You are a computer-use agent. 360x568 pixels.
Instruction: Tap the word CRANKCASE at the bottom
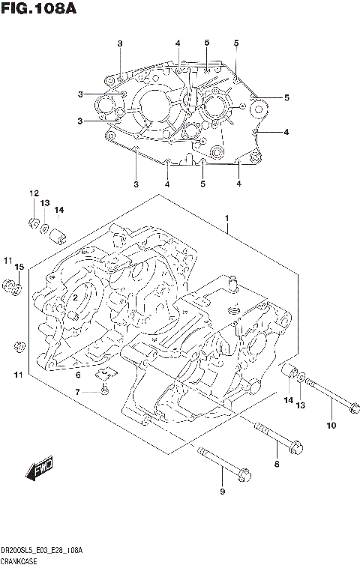[x=20, y=561]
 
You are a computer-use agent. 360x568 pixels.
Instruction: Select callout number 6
[x=78, y=374]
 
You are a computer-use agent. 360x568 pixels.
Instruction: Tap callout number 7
[x=78, y=392]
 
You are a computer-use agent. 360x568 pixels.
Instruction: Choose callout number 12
[x=34, y=194]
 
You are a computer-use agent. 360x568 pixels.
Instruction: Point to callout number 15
[x=20, y=267]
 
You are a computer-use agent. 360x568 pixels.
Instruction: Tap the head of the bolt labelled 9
[x=243, y=474]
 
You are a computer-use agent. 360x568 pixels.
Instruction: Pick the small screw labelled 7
[x=106, y=389]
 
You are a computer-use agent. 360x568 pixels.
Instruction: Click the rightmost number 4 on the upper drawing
[x=286, y=133]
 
